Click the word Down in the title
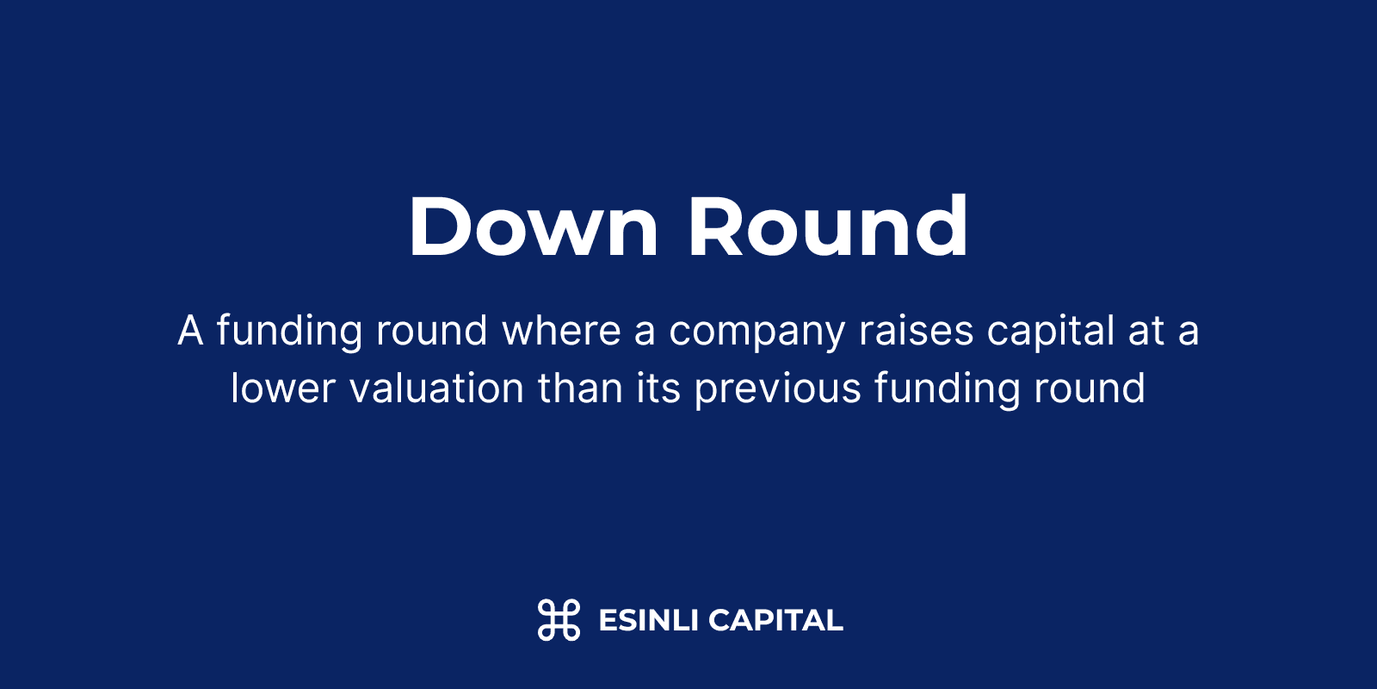tap(534, 226)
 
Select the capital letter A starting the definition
tap(190, 331)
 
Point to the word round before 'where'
tap(432, 330)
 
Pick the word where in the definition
tap(562, 330)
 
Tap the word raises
tap(917, 331)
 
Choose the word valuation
tap(437, 388)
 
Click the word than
tap(580, 388)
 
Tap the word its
tap(658, 388)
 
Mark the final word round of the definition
tap(1090, 388)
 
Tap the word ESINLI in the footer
tap(649, 620)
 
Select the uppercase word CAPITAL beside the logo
tap(775, 620)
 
